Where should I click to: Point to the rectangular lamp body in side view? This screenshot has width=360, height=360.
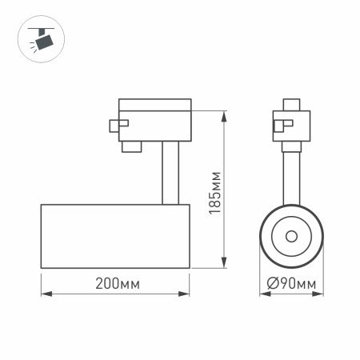coord(115,238)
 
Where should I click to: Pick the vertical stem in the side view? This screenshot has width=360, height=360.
coord(169,172)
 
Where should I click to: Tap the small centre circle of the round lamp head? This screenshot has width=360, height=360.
coord(290,237)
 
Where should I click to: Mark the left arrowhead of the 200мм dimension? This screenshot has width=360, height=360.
coord(45,294)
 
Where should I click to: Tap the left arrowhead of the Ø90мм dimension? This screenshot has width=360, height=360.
coord(264,294)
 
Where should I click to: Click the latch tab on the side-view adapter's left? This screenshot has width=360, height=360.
coord(117,124)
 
